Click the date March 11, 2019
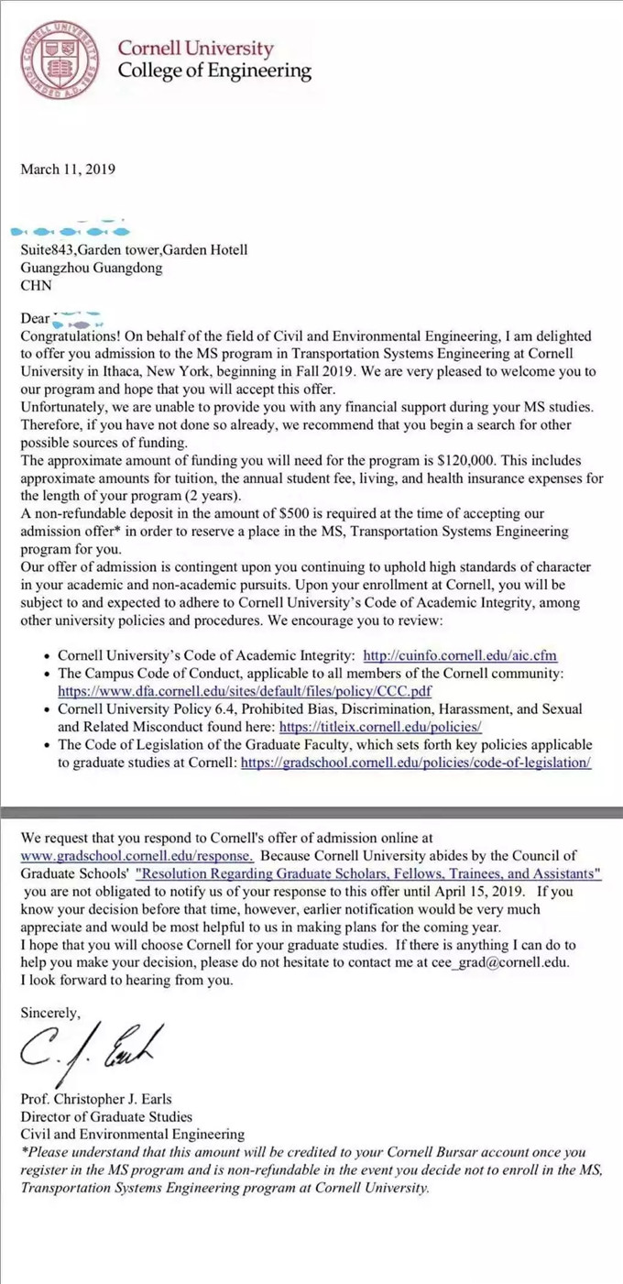[x=68, y=169]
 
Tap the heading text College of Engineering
[x=214, y=71]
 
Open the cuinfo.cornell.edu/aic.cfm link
[x=460, y=655]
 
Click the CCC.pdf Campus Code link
[x=245, y=691]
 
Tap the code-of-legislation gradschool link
[x=416, y=763]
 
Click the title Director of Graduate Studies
[x=106, y=1116]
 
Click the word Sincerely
[x=51, y=1014]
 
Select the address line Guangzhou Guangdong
[x=91, y=268]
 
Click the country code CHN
[x=37, y=285]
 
